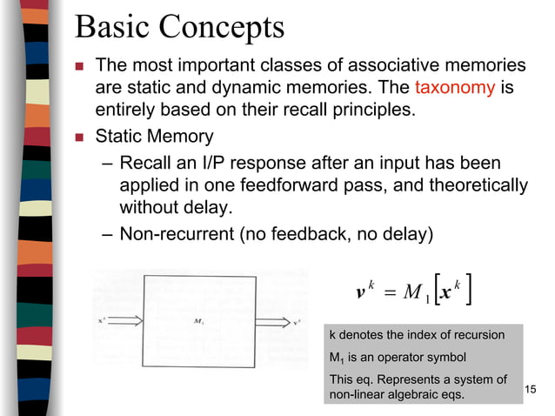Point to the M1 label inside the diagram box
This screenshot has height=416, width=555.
pyautogui.click(x=198, y=321)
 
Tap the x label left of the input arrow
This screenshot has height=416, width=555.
pyautogui.click(x=103, y=320)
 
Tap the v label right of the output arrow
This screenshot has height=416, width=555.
pyautogui.click(x=298, y=320)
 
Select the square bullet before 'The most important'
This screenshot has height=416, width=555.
pyautogui.click(x=79, y=65)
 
